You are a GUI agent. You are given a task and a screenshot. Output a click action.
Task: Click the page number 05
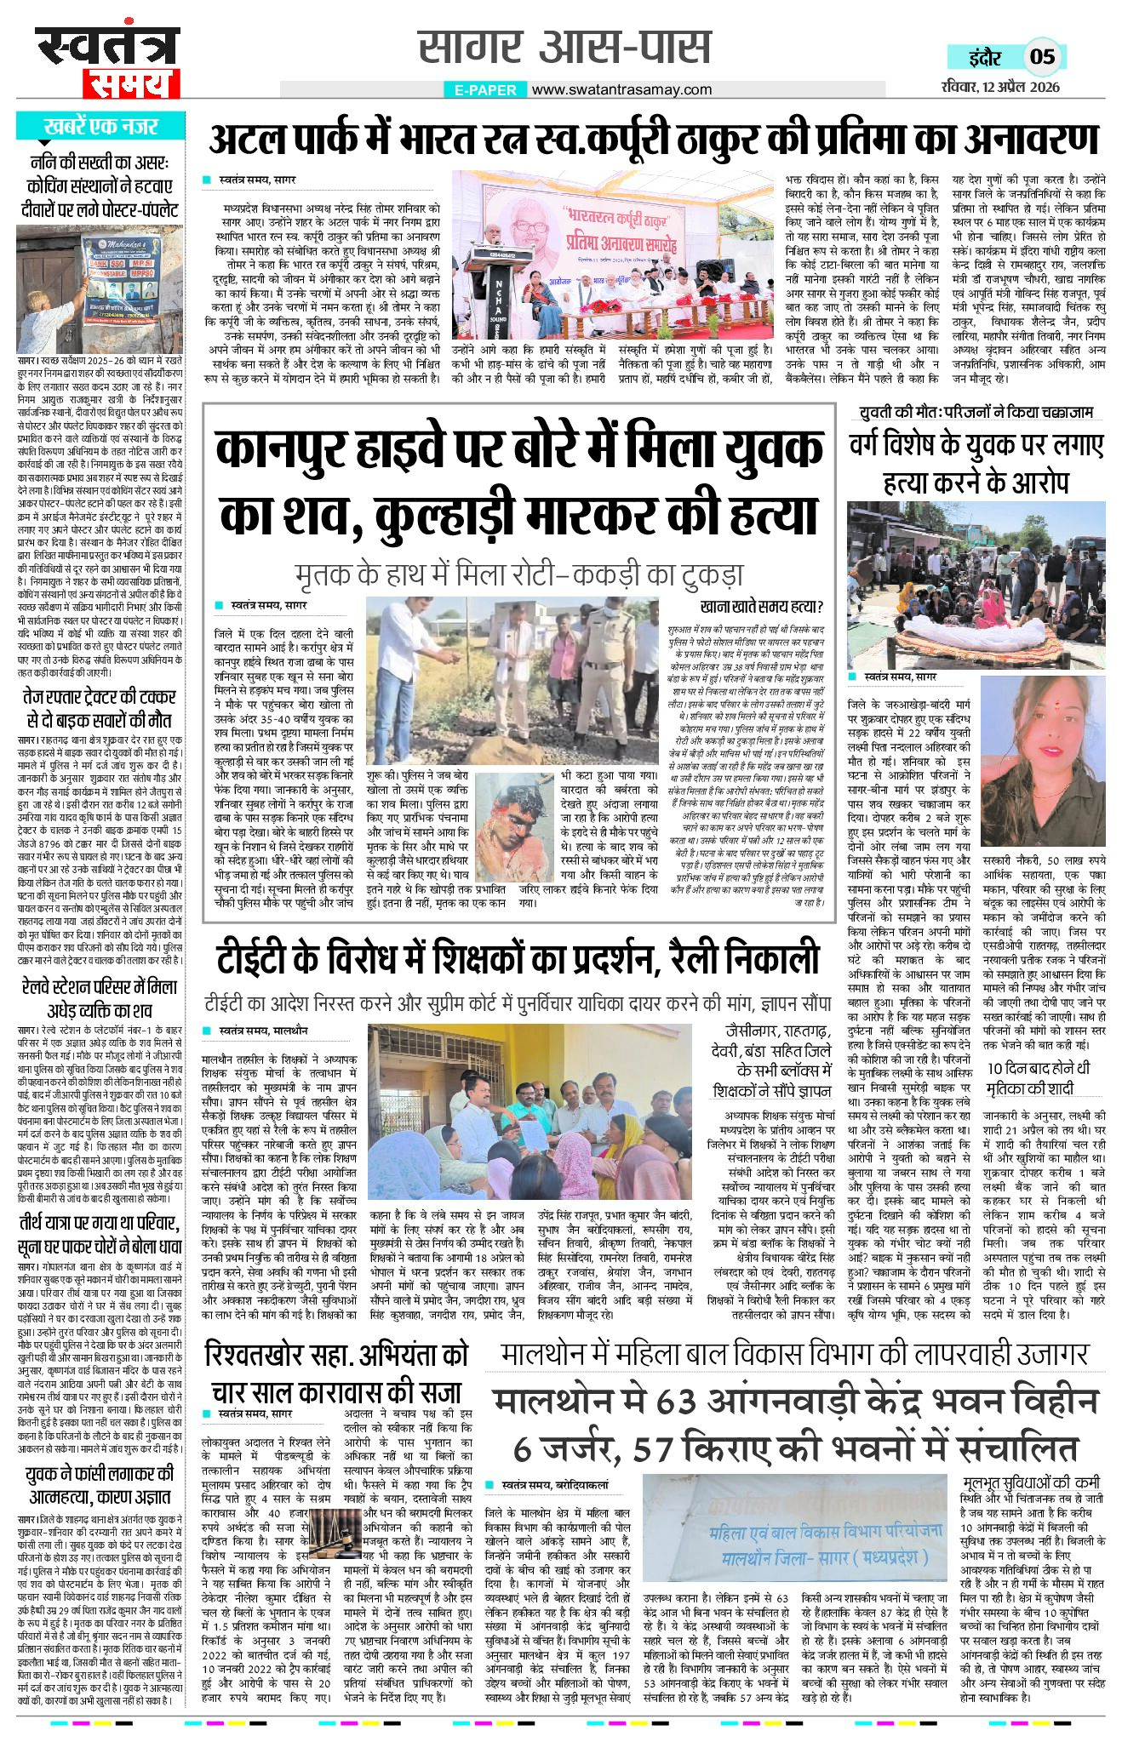click(x=1042, y=57)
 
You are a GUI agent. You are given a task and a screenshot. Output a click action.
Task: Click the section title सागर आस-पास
click(x=564, y=48)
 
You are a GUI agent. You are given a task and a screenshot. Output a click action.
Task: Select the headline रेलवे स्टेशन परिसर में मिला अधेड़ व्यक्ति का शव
click(x=100, y=998)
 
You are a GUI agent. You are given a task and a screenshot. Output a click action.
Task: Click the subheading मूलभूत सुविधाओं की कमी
click(x=1033, y=1480)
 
